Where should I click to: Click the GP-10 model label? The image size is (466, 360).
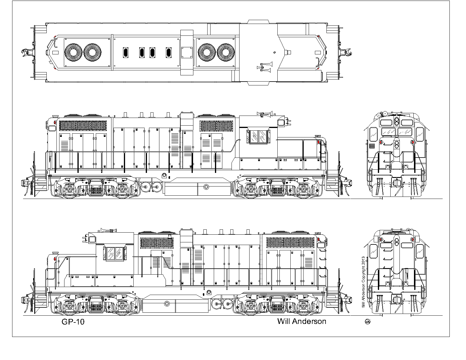(x=73, y=322)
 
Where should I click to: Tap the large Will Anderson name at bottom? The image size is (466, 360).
(x=302, y=321)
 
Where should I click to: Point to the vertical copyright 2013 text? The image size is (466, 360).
(x=363, y=282)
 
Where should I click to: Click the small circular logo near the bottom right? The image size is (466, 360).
(x=368, y=322)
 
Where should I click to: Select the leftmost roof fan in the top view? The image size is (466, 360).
(x=73, y=53)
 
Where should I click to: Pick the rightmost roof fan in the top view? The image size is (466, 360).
(x=226, y=53)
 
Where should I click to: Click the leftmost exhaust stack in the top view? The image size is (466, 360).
(x=126, y=53)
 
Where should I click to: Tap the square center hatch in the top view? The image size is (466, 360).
(x=187, y=53)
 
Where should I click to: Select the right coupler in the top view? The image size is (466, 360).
(x=346, y=53)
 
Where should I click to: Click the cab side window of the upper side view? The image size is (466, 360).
(x=258, y=137)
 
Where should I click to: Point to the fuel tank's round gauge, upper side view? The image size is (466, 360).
(x=206, y=187)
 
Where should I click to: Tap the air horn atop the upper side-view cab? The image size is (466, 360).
(x=265, y=114)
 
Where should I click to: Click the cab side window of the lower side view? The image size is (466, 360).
(x=115, y=254)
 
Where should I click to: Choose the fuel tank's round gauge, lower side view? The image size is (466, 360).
(x=167, y=304)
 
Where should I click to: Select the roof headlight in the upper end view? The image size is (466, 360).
(x=397, y=121)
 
